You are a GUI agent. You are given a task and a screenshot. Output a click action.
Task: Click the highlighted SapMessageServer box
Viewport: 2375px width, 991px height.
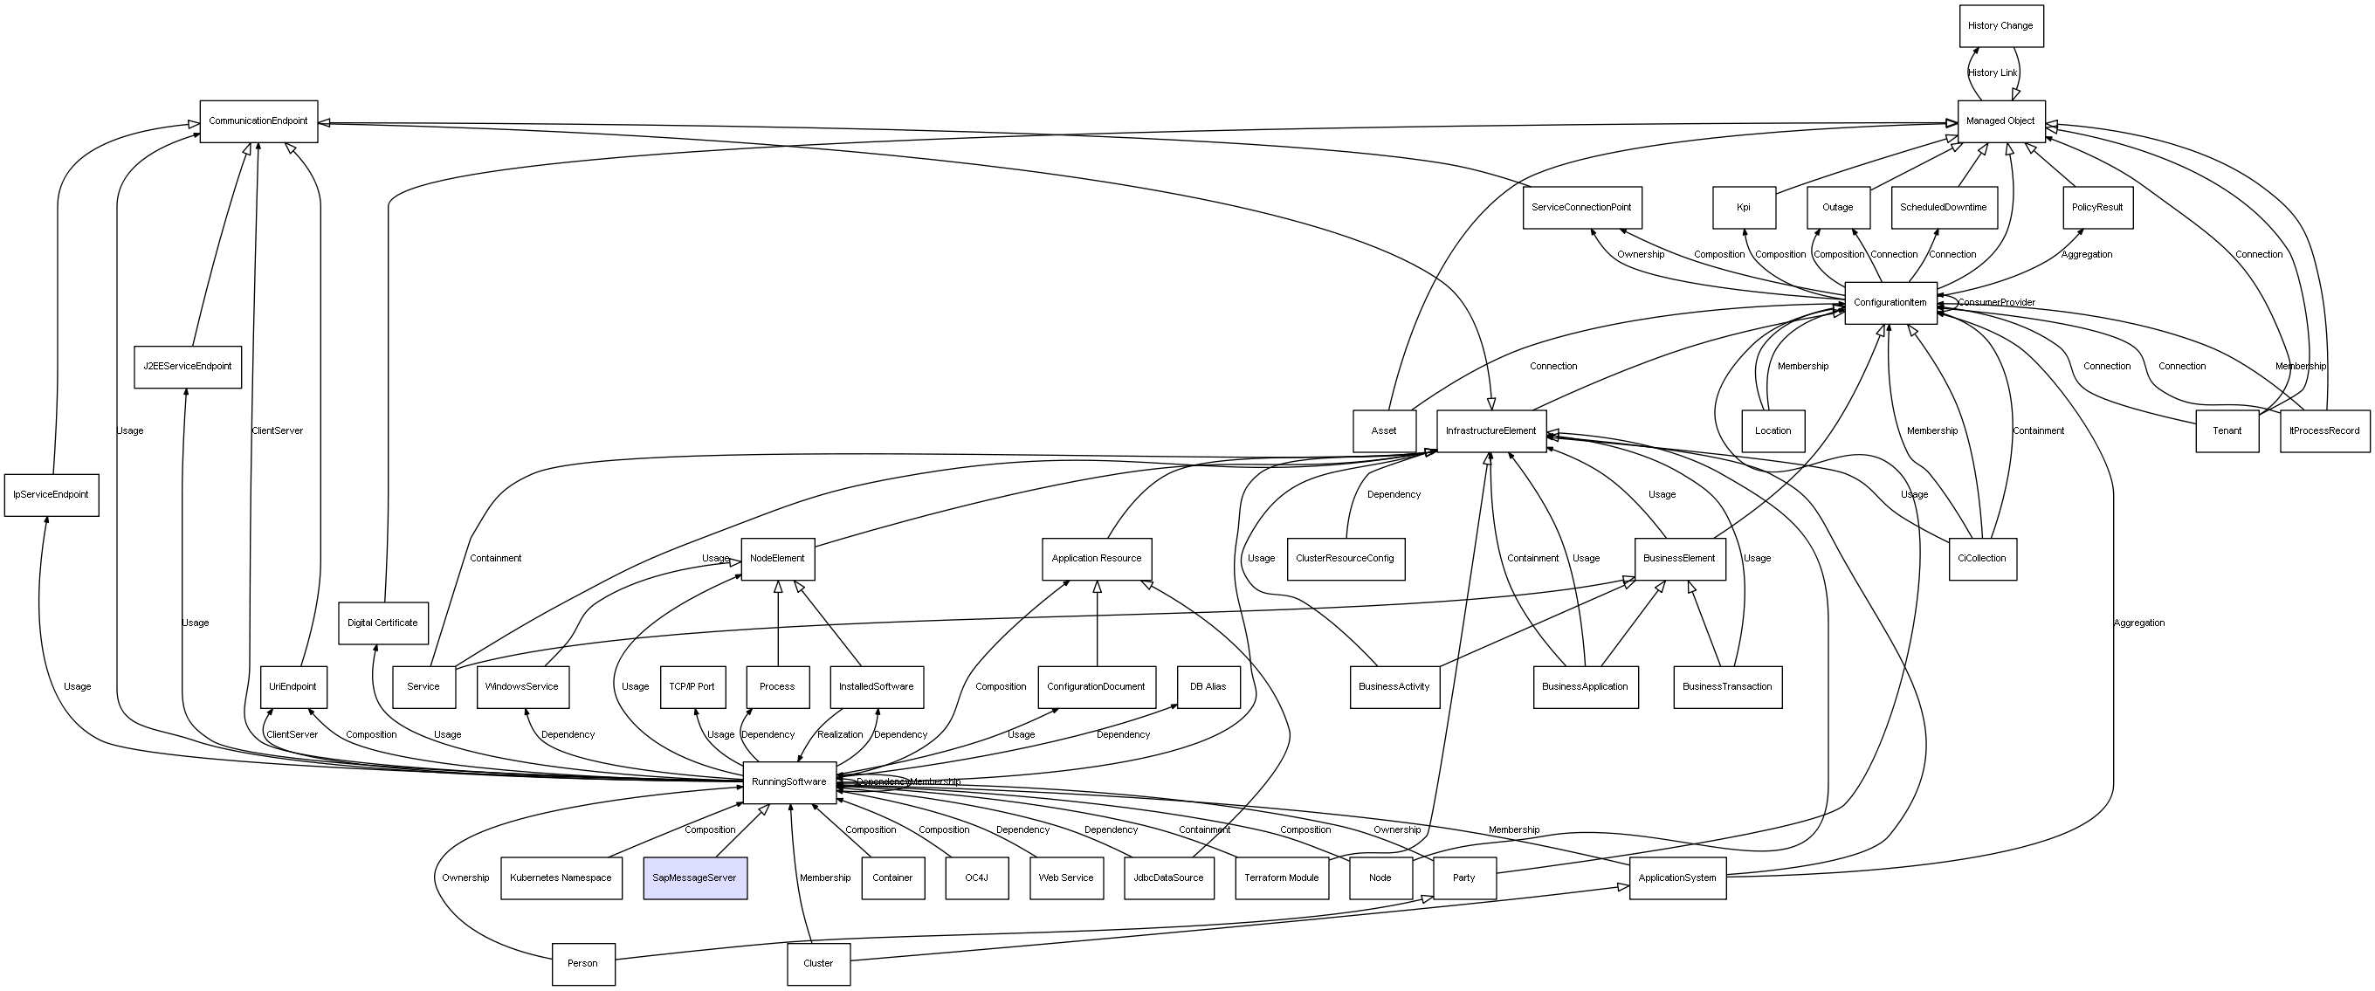pos(694,877)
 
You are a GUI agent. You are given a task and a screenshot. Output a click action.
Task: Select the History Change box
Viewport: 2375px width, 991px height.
pos(2000,26)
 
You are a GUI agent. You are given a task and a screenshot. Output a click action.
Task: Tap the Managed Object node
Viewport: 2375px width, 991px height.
pos(2000,120)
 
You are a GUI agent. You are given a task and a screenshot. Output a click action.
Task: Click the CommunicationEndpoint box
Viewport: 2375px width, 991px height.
pos(258,120)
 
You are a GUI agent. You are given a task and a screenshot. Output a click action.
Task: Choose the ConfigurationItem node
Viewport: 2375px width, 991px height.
pos(1890,302)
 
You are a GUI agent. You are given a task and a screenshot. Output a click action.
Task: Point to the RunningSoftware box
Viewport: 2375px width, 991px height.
pos(789,781)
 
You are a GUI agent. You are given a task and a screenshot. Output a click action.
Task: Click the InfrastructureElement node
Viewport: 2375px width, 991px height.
pos(1490,430)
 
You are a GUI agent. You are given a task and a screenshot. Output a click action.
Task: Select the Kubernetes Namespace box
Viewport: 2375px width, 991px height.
pos(561,877)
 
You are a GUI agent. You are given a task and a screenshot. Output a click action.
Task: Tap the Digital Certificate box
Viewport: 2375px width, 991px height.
pos(382,623)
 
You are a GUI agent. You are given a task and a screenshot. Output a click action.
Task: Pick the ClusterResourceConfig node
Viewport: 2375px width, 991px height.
pos(1346,558)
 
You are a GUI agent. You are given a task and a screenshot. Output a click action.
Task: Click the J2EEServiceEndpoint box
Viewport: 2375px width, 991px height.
pos(187,366)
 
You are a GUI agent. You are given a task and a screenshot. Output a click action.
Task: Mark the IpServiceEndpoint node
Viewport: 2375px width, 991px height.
pos(51,494)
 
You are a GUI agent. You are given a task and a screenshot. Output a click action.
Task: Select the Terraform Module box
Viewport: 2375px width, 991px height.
pos(1282,877)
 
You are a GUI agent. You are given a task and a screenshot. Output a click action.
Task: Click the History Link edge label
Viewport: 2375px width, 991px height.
pos(1993,72)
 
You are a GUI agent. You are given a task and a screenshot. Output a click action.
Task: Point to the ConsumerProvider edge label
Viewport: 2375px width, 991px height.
pos(1996,302)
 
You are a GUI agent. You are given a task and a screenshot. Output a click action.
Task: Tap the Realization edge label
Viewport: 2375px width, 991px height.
pos(840,734)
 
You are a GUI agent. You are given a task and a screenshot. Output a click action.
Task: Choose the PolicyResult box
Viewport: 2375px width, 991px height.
pos(2097,208)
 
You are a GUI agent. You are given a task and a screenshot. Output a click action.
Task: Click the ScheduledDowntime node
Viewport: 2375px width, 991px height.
pos(1944,208)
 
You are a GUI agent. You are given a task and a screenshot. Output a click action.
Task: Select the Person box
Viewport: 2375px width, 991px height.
pos(582,963)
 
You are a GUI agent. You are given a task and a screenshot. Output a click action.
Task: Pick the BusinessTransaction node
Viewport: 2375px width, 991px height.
pos(1727,686)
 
